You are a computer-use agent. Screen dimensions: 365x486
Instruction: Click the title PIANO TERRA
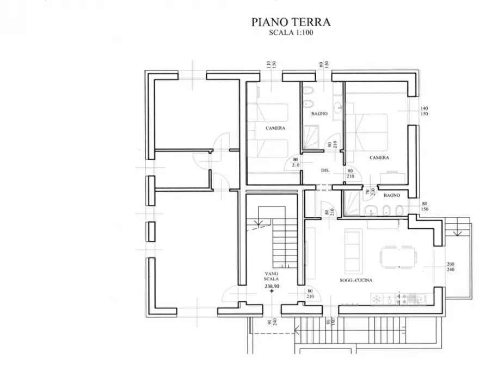point(291,22)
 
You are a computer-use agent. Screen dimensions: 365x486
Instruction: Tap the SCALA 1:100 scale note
point(291,33)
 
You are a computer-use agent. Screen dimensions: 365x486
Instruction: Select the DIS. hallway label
point(325,171)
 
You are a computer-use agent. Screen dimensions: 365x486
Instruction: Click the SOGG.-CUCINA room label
point(356,281)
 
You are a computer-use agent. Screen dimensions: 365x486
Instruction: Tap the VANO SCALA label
point(272,276)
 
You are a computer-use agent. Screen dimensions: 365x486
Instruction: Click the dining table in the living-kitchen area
point(397,256)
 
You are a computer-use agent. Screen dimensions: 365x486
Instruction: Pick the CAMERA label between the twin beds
point(275,129)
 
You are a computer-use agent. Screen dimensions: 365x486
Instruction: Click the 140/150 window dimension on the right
point(425,112)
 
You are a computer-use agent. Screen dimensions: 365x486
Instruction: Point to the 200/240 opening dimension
point(451,267)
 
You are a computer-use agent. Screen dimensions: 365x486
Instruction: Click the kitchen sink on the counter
point(390,299)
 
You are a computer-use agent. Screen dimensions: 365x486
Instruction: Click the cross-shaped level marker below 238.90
point(272,292)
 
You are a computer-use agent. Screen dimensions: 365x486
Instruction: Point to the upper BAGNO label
point(319,114)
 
